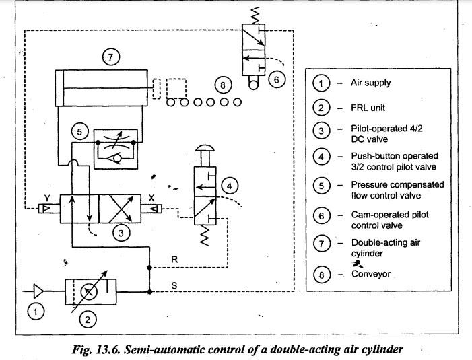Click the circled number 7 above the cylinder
click(x=111, y=57)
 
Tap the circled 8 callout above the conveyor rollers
click(x=223, y=85)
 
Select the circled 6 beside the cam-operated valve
click(x=276, y=79)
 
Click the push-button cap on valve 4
click(x=205, y=148)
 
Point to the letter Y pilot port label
click(x=47, y=198)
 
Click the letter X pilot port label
click(x=151, y=198)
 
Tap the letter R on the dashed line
click(x=174, y=259)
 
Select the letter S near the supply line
click(x=174, y=285)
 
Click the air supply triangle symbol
click(x=38, y=291)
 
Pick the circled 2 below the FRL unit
click(x=88, y=320)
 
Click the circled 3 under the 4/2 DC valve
click(x=121, y=233)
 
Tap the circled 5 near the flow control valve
click(x=79, y=131)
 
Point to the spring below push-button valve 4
click(x=205, y=236)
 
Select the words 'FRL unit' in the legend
click(x=368, y=108)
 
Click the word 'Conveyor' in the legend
click(x=371, y=274)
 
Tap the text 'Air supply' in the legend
click(x=370, y=83)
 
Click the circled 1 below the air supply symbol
click(x=36, y=312)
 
